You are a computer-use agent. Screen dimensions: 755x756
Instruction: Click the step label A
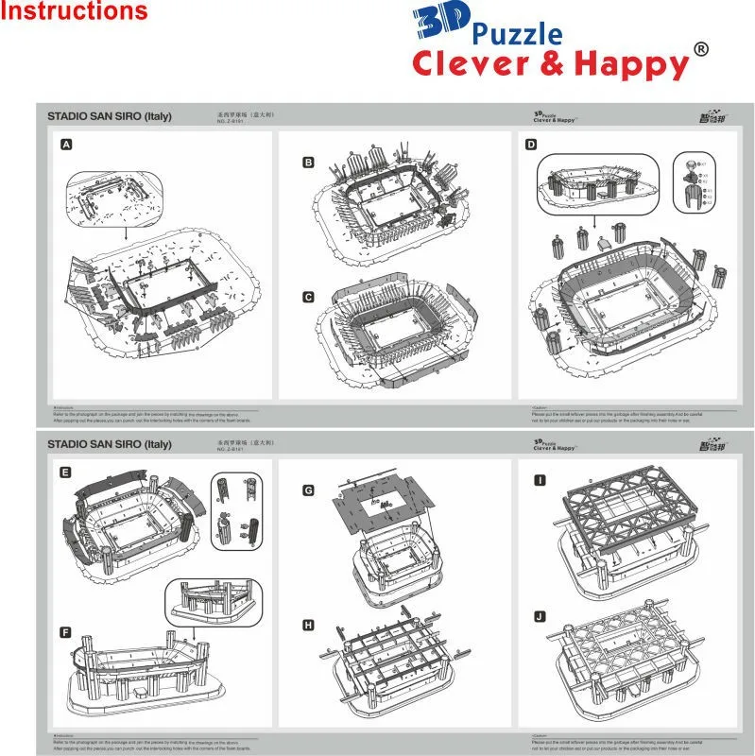click(66, 145)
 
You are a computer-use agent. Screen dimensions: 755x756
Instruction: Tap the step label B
click(308, 163)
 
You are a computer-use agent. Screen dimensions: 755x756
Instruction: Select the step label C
click(308, 297)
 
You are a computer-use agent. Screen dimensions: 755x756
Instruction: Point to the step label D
click(531, 145)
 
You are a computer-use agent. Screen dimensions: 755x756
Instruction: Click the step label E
click(65, 472)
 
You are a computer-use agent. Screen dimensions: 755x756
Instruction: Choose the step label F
click(65, 631)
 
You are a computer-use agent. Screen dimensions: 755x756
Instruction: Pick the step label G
click(308, 490)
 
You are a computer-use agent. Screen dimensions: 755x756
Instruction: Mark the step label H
click(308, 625)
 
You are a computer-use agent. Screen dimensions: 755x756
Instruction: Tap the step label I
click(540, 480)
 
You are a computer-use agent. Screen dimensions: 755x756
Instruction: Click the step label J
click(540, 617)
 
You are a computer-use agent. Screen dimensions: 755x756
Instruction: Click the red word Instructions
click(75, 12)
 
